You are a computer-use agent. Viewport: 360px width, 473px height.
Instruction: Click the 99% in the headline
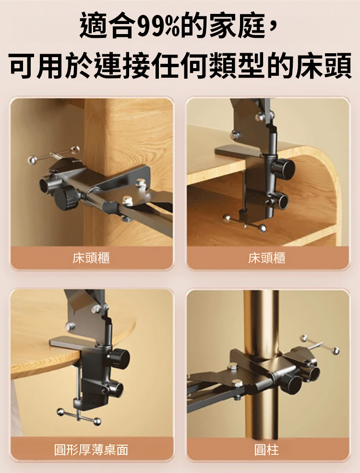[x=160, y=26]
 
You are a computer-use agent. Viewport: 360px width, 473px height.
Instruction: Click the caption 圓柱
[x=266, y=450]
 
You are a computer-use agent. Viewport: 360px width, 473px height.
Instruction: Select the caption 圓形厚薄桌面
[x=91, y=450]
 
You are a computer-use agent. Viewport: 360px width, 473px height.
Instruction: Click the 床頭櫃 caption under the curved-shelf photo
[x=267, y=258]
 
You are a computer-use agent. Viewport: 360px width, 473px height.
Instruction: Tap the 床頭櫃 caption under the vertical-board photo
[x=91, y=258]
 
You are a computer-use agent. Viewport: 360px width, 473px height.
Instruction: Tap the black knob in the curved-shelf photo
[x=284, y=167]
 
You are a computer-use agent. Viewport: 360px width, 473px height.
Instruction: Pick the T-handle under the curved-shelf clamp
[x=245, y=223]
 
